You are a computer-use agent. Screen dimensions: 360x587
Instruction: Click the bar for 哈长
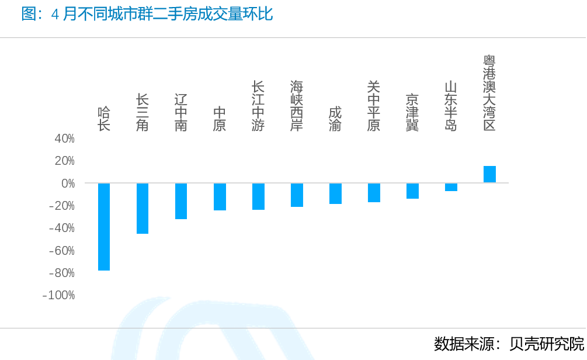pyautogui.click(x=104, y=227)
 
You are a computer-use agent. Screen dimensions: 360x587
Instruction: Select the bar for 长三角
pyautogui.click(x=143, y=209)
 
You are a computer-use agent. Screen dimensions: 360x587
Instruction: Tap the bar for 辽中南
pyautogui.click(x=181, y=201)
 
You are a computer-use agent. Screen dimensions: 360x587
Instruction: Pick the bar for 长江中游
pyautogui.click(x=258, y=196)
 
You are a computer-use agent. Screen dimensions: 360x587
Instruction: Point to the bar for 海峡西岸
pyautogui.click(x=297, y=195)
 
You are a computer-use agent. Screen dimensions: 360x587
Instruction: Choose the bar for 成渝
pyautogui.click(x=335, y=193)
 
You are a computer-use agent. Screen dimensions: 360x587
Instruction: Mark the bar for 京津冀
pyautogui.click(x=412, y=191)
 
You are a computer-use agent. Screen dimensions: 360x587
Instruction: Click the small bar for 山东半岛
pyautogui.click(x=451, y=187)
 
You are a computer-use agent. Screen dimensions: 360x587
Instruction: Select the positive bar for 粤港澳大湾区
pyautogui.click(x=489, y=174)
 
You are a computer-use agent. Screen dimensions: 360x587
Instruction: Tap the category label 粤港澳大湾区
pyautogui.click(x=489, y=94)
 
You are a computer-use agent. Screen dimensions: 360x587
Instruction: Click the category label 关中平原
pyautogui.click(x=374, y=106)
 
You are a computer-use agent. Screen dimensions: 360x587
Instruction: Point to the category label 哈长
pyautogui.click(x=104, y=119)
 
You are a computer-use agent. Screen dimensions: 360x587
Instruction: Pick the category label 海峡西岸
pyautogui.click(x=297, y=106)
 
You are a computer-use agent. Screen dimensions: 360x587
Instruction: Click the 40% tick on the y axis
pyautogui.click(x=64, y=139)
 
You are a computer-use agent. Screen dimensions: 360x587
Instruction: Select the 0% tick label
pyautogui.click(x=68, y=184)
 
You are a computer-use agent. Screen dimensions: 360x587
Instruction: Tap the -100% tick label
pyautogui.click(x=59, y=295)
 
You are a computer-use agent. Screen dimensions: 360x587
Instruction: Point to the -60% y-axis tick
pyautogui.click(x=61, y=251)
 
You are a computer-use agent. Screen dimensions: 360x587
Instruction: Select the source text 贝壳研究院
pyautogui.click(x=546, y=344)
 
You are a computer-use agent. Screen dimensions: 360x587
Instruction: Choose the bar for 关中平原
pyautogui.click(x=374, y=193)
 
